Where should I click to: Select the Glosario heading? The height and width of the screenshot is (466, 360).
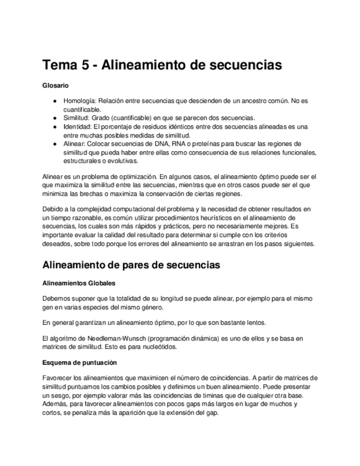[56, 86]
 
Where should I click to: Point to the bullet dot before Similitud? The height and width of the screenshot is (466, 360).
[56, 118]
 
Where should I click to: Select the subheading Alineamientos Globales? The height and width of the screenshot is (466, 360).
[79, 284]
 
